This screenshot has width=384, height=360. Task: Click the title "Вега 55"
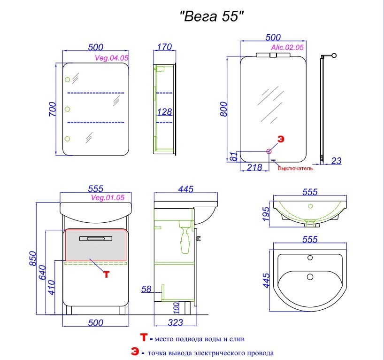(x=212, y=16)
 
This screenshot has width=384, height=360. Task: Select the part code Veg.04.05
(x=111, y=58)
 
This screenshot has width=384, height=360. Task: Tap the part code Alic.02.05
(x=287, y=47)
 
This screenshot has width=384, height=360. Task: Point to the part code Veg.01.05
(x=108, y=197)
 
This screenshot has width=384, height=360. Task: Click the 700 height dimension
(x=53, y=109)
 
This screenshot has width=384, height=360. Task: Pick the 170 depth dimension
(x=164, y=47)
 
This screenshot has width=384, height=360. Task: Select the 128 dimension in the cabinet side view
(x=164, y=112)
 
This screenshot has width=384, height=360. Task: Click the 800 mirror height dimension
(x=224, y=109)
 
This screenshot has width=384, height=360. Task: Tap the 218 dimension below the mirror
(x=254, y=167)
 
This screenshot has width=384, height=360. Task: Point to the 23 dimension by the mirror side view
(x=336, y=161)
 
